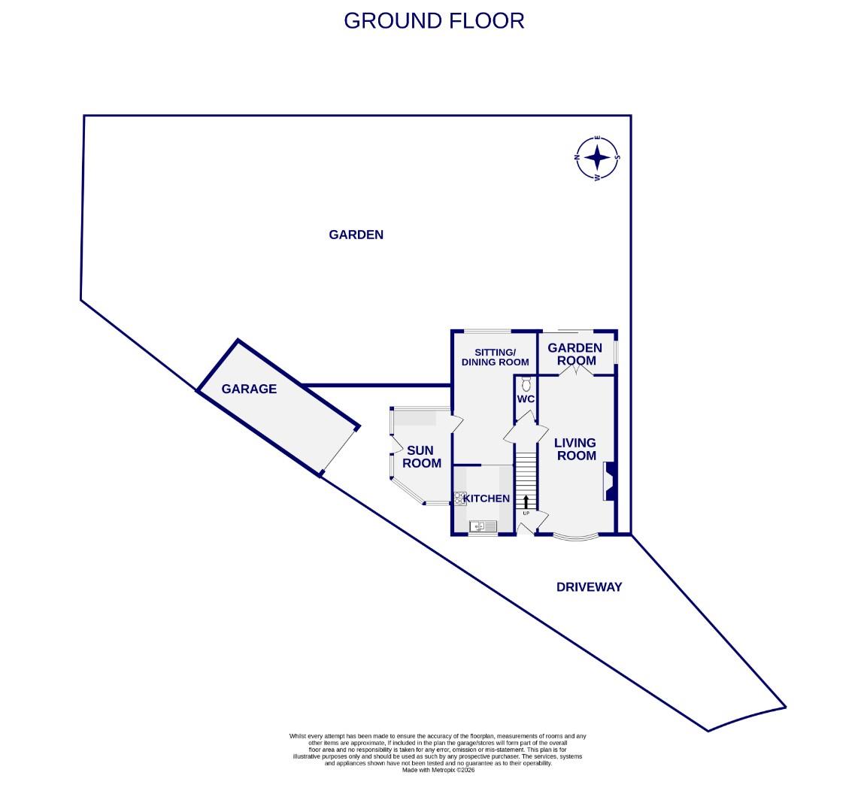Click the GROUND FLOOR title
[434, 20]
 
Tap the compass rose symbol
[598, 159]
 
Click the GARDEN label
[356, 235]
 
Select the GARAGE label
[249, 389]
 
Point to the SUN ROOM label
[421, 456]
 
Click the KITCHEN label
[487, 498]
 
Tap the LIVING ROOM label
[575, 449]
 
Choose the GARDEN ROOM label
[574, 353]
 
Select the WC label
[525, 398]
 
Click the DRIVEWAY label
[589, 587]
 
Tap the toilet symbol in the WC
[526, 382]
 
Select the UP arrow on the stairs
[526, 501]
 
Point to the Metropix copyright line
[438, 769]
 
